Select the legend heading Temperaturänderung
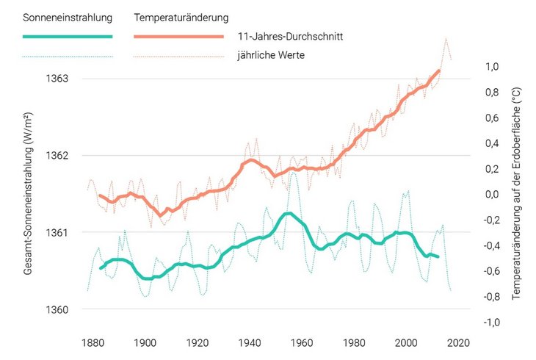(x=181, y=15)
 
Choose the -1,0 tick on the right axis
(x=490, y=323)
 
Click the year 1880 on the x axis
(x=93, y=342)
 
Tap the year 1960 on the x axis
(x=303, y=342)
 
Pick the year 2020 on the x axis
(x=460, y=342)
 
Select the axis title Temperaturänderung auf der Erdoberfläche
(x=516, y=194)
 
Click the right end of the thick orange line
(x=439, y=71)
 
